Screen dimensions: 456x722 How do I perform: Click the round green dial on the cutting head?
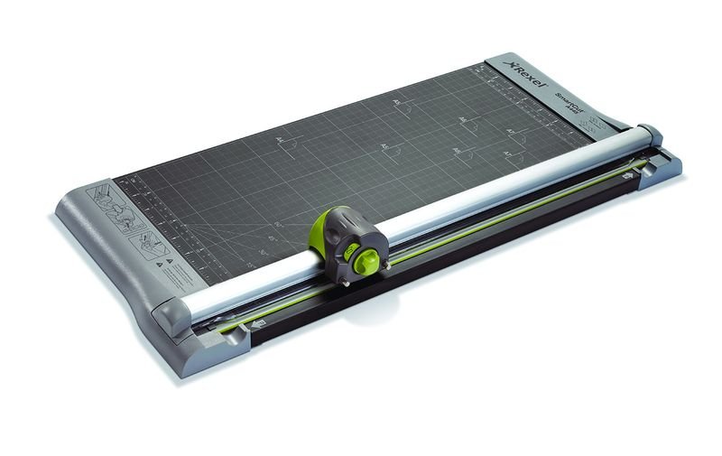coord(366,261)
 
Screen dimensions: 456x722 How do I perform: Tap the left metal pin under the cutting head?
coord(345,282)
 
